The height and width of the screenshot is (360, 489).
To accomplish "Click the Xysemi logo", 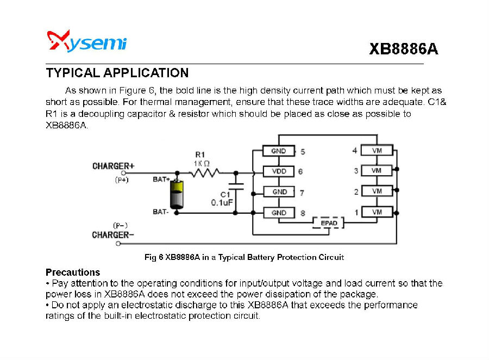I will click(87, 41).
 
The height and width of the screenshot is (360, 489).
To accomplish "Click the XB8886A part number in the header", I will click(403, 49).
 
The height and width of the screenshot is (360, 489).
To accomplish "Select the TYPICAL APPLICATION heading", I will click(117, 73).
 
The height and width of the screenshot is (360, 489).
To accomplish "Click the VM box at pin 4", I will click(377, 150).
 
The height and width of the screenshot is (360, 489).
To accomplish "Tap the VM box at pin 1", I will click(377, 212).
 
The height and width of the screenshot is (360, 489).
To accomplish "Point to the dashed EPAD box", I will click(329, 223).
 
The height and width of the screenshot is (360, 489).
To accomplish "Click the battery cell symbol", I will click(177, 195).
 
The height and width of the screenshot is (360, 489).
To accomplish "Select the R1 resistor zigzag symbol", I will click(204, 172).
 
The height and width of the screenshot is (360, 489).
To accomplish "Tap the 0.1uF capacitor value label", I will click(222, 203).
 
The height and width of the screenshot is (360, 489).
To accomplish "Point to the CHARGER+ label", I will click(114, 166).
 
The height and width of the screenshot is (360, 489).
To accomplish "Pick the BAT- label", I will click(160, 212).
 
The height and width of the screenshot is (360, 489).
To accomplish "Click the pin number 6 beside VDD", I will click(300, 171).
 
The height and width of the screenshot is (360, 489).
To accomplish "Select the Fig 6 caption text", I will click(244, 257).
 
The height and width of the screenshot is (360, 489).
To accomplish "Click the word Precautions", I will click(73, 272).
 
